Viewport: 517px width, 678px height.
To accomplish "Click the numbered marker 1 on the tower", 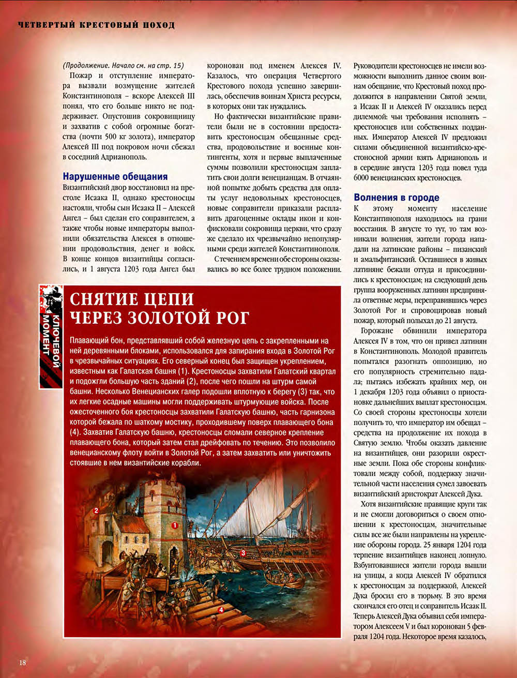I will (175, 524).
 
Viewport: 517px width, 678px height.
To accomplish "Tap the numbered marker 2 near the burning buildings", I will (96, 510).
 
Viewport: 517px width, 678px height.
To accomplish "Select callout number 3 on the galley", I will (242, 553).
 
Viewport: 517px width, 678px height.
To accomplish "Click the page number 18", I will (23, 663).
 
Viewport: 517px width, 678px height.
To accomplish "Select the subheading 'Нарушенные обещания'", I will (115, 176).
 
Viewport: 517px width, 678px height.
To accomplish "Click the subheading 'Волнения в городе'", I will (397, 197).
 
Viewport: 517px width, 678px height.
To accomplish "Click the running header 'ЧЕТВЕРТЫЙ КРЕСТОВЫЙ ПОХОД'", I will (96, 25).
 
